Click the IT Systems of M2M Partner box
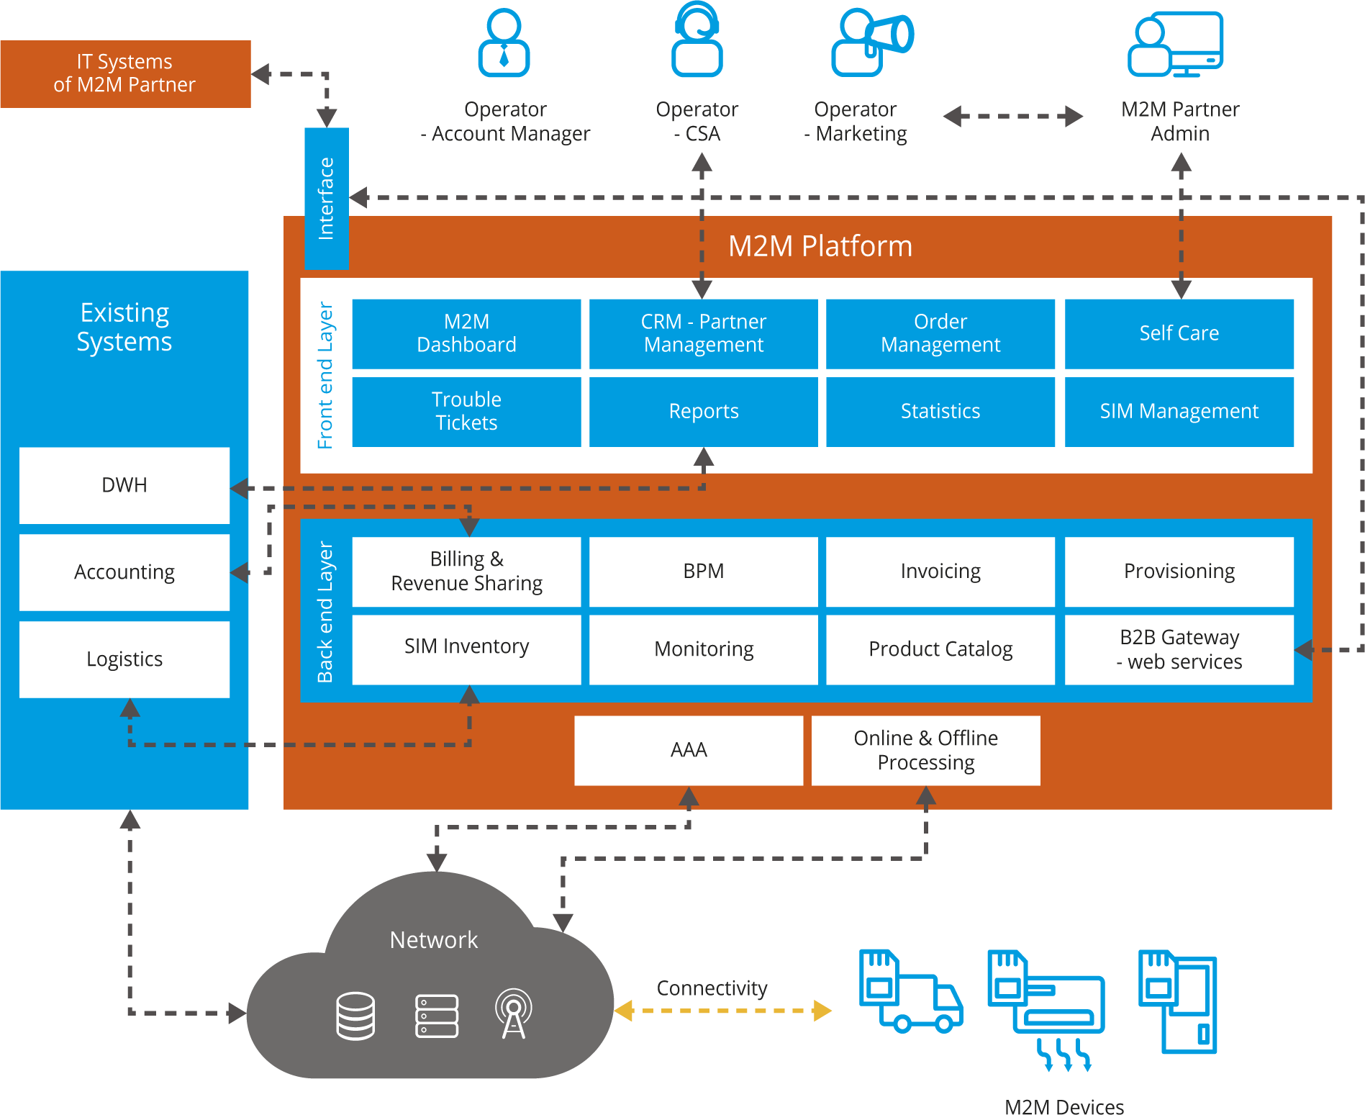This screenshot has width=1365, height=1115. [x=125, y=73]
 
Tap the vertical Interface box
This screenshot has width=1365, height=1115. [x=327, y=198]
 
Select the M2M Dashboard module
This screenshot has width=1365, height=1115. [x=466, y=333]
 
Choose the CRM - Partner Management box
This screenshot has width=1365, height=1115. [x=703, y=333]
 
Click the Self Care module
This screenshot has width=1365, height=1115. [x=1179, y=333]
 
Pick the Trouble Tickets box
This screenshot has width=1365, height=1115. [x=466, y=411]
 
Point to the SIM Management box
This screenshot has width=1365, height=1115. [x=1179, y=411]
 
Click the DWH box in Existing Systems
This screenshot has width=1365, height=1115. [x=124, y=485]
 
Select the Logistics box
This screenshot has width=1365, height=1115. [x=124, y=659]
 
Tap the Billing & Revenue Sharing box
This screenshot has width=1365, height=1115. [x=466, y=571]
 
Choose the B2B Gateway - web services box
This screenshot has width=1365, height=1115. [x=1179, y=649]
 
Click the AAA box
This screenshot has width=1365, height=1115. [x=689, y=750]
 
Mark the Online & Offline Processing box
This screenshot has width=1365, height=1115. [x=925, y=750]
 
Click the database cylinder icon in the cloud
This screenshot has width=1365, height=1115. [x=355, y=1016]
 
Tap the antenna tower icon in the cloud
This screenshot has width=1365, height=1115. [x=513, y=1014]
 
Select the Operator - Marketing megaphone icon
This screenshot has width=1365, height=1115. [x=872, y=42]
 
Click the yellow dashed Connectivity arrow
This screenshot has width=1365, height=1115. [x=722, y=1011]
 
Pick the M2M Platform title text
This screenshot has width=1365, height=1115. [x=820, y=246]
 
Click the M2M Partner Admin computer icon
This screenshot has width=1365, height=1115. [x=1176, y=45]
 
